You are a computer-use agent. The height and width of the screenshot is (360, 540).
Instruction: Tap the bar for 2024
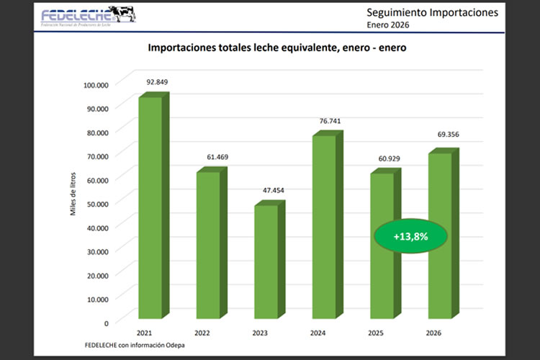(x=323, y=226)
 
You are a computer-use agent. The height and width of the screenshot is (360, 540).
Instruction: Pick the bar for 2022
(x=208, y=244)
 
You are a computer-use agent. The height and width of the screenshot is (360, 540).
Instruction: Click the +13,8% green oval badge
(x=410, y=235)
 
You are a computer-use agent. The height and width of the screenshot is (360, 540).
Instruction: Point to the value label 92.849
(x=157, y=81)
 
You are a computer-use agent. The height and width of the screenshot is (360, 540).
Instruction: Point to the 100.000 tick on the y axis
(x=96, y=84)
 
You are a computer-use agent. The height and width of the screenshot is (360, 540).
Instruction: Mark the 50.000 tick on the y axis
(x=97, y=203)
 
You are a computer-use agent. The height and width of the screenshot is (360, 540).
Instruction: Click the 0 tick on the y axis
(x=106, y=322)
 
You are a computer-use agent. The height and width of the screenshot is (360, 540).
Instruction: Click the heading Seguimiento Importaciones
(x=431, y=13)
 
